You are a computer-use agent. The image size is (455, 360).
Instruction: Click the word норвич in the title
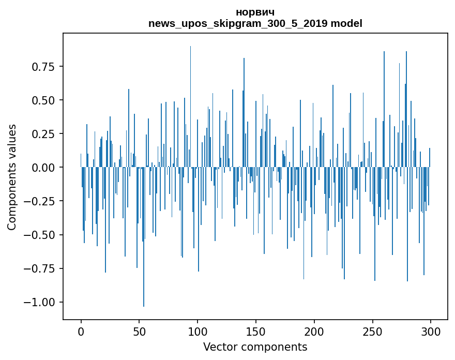[x=255, y=12]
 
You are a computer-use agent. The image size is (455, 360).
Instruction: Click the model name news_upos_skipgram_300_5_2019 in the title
[x=238, y=23]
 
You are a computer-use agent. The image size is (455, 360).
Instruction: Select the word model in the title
[x=346, y=23]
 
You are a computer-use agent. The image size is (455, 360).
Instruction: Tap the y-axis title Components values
[x=11, y=177]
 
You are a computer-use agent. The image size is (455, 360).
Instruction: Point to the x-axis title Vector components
[x=255, y=347]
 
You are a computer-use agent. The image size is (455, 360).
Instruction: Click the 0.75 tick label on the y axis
[x=43, y=67]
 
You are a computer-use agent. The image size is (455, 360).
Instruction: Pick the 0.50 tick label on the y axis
[x=43, y=100]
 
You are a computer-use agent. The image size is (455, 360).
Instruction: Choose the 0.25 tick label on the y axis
[x=43, y=134]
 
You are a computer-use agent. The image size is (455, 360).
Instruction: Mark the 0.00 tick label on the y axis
[x=43, y=168]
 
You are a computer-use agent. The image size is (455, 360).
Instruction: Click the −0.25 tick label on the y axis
[x=39, y=201]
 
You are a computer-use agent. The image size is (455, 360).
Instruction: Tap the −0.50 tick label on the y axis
[x=39, y=235]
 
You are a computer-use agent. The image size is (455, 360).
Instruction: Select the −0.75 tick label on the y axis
[x=39, y=268]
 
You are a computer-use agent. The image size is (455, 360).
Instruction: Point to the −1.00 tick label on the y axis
[x=39, y=302]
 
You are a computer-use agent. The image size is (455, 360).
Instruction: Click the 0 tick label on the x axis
[x=81, y=332]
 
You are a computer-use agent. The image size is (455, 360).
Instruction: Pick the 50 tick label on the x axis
[x=139, y=332]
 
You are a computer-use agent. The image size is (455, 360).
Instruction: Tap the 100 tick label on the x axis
[x=198, y=332]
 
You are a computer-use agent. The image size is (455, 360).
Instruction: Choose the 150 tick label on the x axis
[x=256, y=332]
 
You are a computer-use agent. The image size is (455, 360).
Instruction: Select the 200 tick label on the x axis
[x=314, y=332]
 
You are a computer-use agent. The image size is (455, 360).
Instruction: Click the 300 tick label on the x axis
[x=431, y=332]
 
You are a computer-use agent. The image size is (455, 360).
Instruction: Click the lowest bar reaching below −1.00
[x=144, y=236]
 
